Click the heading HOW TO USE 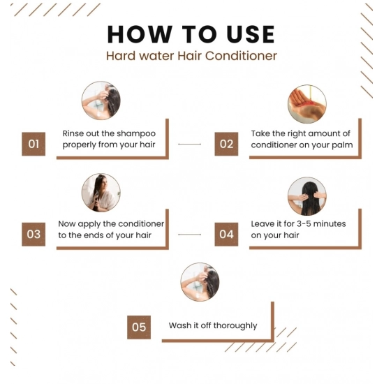coord(191,34)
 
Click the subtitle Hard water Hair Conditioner coord(191,56)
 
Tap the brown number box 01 coord(34,144)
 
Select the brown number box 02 coord(226,144)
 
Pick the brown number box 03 coord(34,234)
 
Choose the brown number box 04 coord(226,234)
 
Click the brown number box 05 coord(139,327)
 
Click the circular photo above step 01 coord(101,102)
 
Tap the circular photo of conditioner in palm coord(307,103)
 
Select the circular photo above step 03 coord(101,193)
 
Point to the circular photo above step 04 coord(307,196)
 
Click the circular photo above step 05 coord(200,282)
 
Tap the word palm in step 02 coord(341,145)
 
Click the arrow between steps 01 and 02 coord(190,145)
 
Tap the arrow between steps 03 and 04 coord(190,235)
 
